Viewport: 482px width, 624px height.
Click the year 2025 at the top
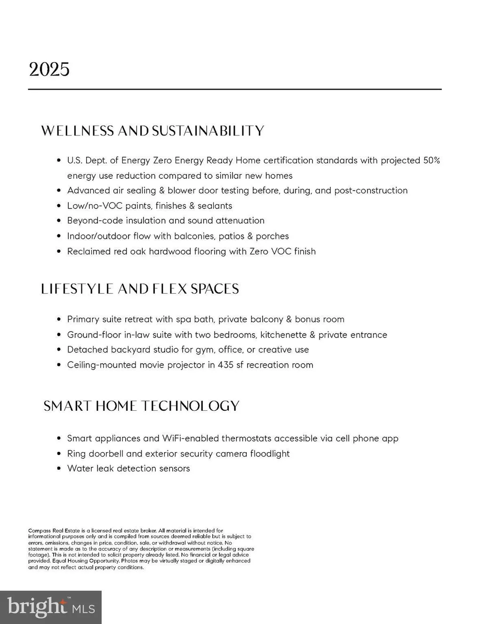[49, 70]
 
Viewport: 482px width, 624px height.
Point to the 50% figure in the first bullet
[431, 160]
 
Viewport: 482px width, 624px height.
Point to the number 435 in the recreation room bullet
[225, 365]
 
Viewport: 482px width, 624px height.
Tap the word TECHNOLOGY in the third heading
[190, 406]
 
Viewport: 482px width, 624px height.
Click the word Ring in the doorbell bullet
[76, 454]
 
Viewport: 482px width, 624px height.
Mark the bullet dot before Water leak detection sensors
[58, 469]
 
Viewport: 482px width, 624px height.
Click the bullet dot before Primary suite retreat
[58, 320]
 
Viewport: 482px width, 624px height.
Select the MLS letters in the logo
[83, 608]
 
